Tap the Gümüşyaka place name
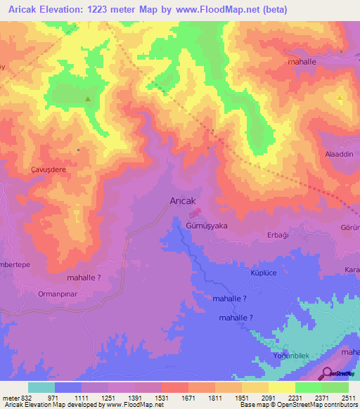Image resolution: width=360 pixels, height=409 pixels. [207, 226]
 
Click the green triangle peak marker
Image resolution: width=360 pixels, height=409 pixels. [87, 99]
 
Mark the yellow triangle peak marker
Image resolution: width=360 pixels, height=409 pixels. [340, 98]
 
